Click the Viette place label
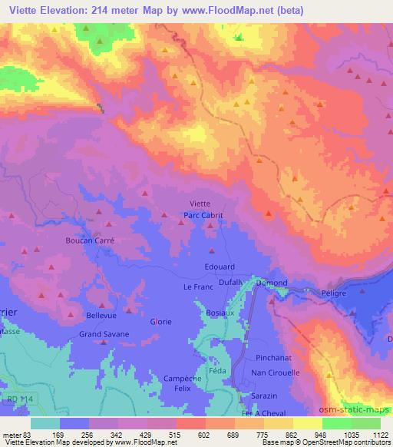[200, 204]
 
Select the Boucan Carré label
[91, 240]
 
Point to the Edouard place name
[220, 267]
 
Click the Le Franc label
[196, 286]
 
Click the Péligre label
[335, 293]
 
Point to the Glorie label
[161, 322]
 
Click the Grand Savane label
[104, 335]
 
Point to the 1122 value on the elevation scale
[381, 434]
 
